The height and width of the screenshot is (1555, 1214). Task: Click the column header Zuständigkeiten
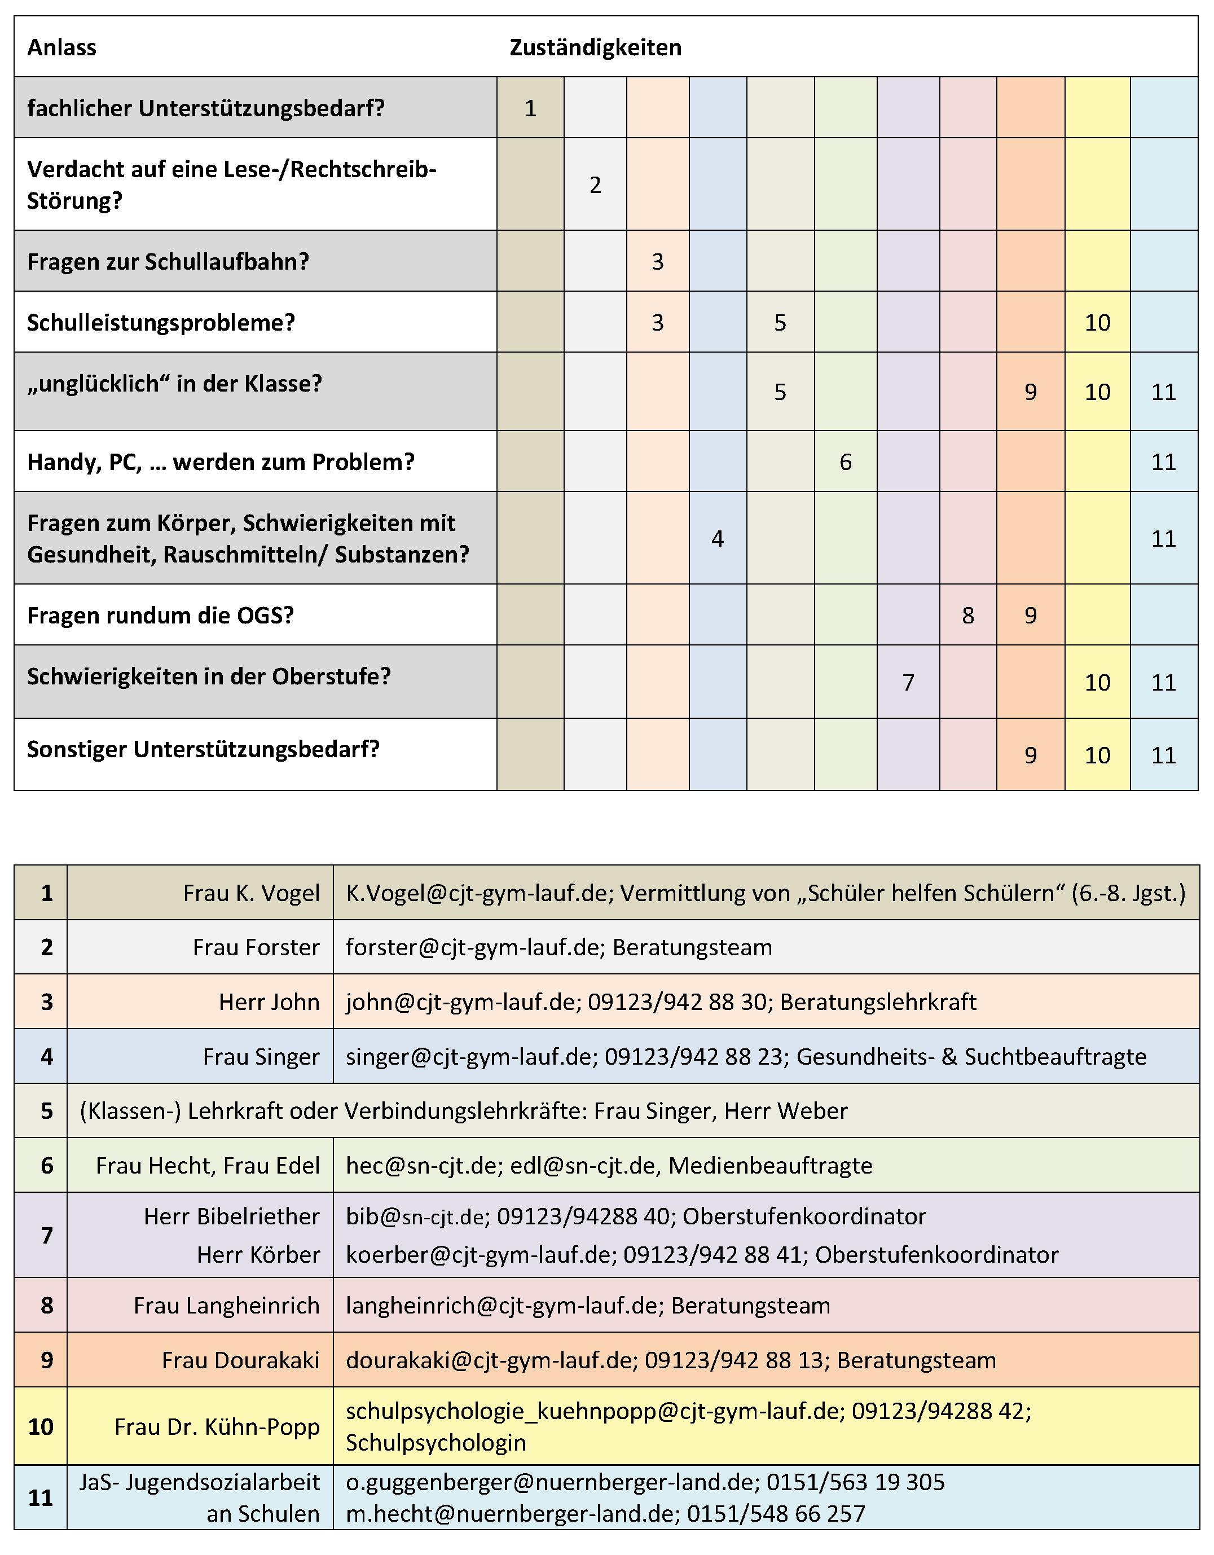tap(595, 48)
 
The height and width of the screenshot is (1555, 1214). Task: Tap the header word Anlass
tap(62, 48)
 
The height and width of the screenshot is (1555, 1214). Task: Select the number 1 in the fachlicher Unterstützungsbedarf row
tap(530, 108)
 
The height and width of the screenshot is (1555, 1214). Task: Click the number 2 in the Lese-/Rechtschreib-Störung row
tap(595, 185)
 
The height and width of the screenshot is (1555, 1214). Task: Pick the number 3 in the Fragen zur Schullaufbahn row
tap(657, 262)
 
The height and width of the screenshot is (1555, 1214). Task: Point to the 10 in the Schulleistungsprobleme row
tap(1097, 323)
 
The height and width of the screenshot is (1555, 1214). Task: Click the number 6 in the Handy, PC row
tap(845, 462)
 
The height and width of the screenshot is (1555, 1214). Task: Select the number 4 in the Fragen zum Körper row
tap(717, 539)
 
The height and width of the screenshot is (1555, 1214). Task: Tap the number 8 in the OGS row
tap(967, 615)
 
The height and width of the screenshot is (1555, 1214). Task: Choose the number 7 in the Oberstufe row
tap(908, 683)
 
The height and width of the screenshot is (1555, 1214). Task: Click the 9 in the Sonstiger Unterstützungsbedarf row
tap(1030, 755)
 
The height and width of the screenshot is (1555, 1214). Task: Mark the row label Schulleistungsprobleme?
tap(161, 323)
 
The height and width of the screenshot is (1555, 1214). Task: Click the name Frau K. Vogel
tap(252, 893)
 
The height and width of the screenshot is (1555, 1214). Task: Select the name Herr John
tap(269, 1002)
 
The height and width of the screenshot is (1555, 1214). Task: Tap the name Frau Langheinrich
tap(226, 1305)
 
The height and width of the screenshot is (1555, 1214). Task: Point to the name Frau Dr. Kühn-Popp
tap(217, 1427)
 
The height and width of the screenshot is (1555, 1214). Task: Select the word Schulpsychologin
tap(436, 1443)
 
